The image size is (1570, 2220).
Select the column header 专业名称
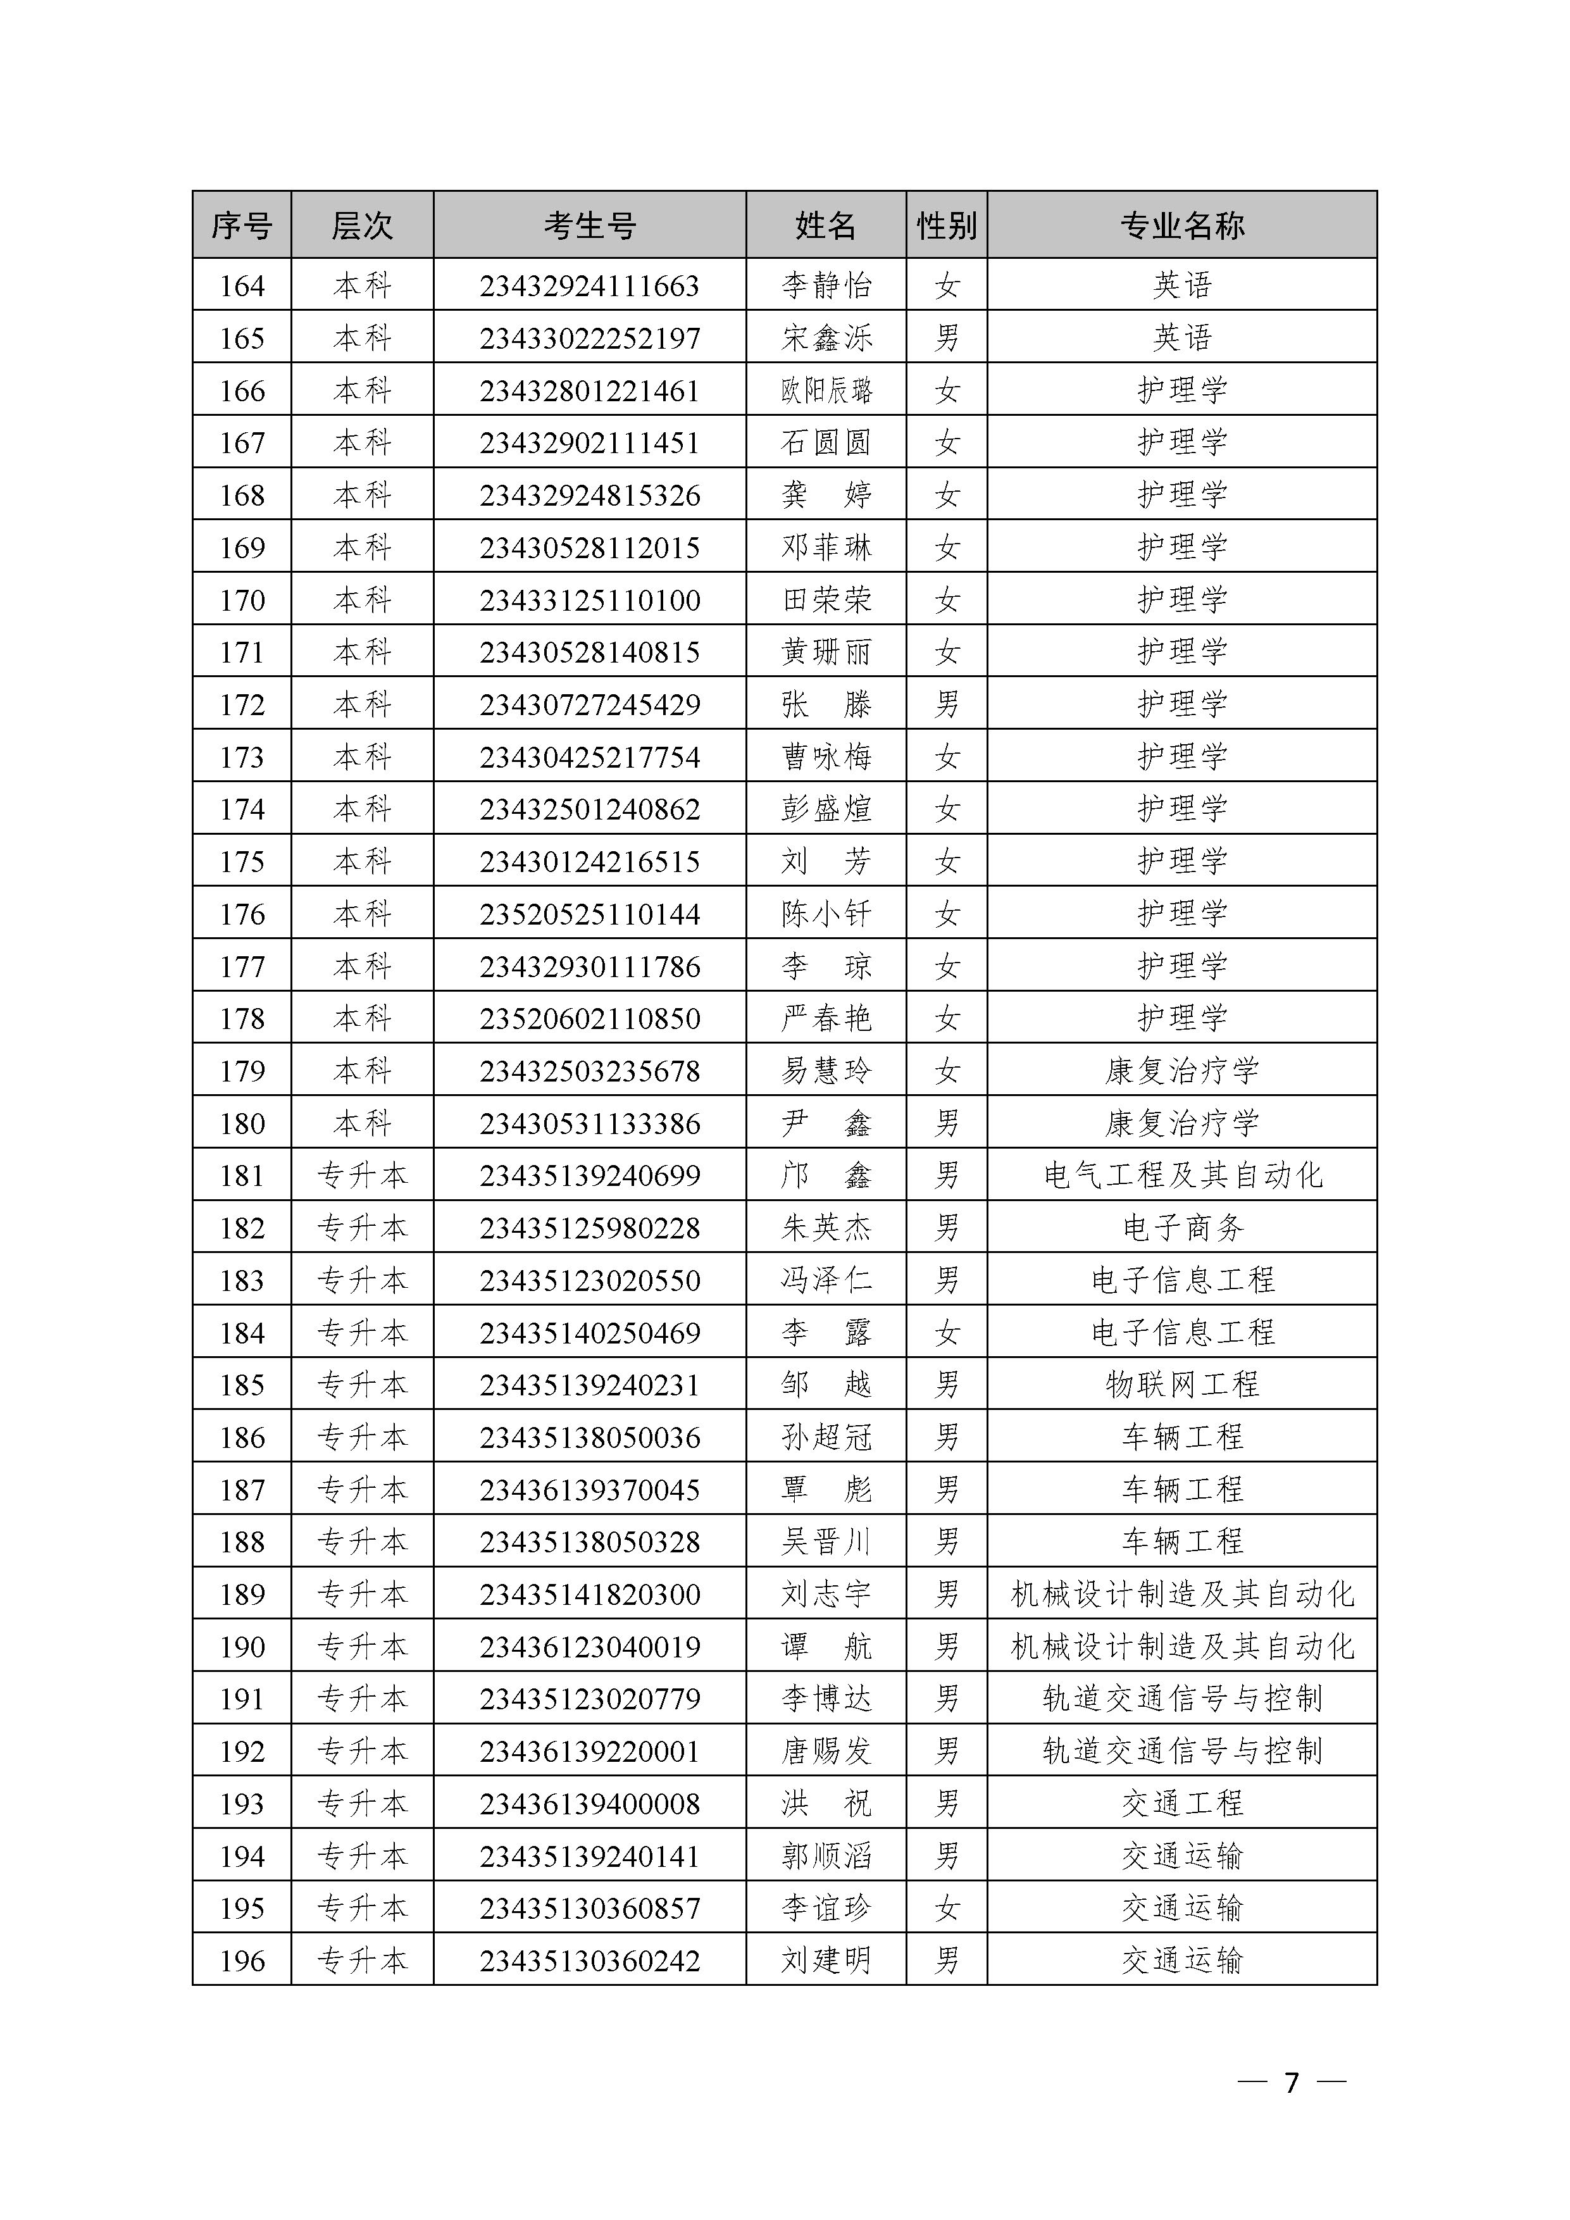click(1181, 225)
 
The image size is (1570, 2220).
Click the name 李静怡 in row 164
click(826, 285)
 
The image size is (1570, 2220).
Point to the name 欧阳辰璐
click(826, 390)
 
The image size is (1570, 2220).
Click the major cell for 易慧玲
click(1181, 1070)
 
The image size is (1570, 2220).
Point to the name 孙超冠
click(826, 1437)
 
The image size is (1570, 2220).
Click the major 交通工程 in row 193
click(1181, 1803)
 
